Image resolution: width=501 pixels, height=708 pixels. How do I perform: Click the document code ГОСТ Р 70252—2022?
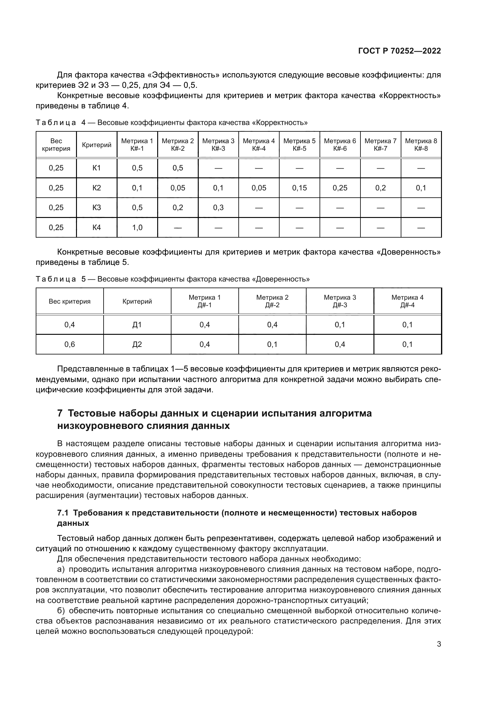click(x=400, y=51)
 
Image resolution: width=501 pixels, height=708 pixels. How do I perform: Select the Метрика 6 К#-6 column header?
click(x=340, y=145)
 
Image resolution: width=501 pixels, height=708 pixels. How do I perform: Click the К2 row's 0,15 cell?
click(x=299, y=188)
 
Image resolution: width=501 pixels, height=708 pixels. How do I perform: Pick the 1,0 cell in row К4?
click(x=137, y=228)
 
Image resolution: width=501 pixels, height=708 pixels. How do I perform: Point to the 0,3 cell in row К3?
click(x=218, y=208)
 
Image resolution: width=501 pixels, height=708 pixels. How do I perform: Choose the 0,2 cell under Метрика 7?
click(x=380, y=188)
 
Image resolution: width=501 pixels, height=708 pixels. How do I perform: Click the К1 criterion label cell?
click(x=97, y=168)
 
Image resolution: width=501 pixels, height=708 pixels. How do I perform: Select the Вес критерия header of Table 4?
click(x=56, y=145)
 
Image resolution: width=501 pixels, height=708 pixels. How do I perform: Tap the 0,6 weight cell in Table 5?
click(x=69, y=344)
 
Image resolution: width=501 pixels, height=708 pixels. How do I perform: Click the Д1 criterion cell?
click(x=137, y=325)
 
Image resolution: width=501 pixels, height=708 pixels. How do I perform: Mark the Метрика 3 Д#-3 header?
click(x=340, y=301)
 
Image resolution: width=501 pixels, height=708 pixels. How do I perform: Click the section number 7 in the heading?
click(x=60, y=413)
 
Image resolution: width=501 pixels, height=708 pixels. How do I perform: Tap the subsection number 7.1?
click(x=63, y=513)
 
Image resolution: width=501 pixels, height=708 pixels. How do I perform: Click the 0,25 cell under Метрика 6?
click(x=340, y=188)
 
